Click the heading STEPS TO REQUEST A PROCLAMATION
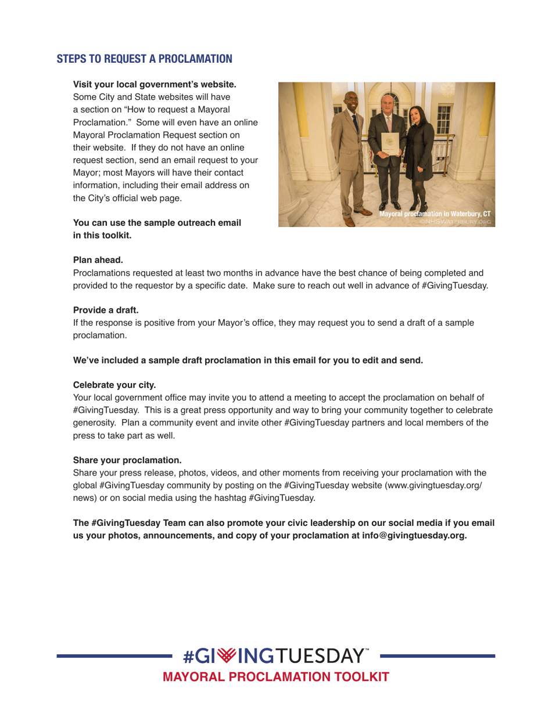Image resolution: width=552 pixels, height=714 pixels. point(144,59)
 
